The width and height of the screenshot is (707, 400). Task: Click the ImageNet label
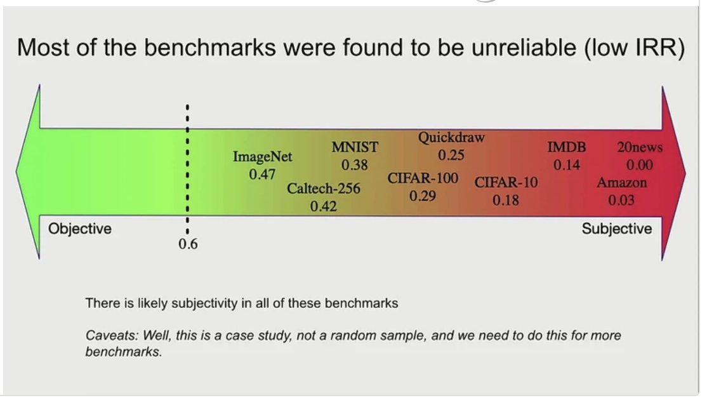[263, 157]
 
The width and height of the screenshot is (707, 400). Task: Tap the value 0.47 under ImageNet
[262, 174]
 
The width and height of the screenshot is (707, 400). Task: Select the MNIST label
[355, 147]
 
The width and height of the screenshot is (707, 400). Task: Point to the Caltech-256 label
[324, 189]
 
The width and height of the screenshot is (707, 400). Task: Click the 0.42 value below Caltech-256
[324, 206]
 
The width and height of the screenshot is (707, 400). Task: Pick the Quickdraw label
[451, 137]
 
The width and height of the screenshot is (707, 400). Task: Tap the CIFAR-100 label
[423, 178]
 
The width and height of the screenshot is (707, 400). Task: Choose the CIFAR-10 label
[506, 183]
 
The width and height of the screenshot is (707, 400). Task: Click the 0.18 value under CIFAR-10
[506, 200]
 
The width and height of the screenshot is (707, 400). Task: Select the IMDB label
[567, 148]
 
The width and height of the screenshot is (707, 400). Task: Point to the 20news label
[640, 148]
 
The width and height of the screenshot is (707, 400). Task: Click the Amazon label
[622, 183]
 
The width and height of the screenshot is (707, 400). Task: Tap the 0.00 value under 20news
[640, 165]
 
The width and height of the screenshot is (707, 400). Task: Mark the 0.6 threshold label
[188, 244]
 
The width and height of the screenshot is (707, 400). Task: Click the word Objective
[80, 229]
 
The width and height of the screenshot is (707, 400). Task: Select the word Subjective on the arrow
[617, 229]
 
